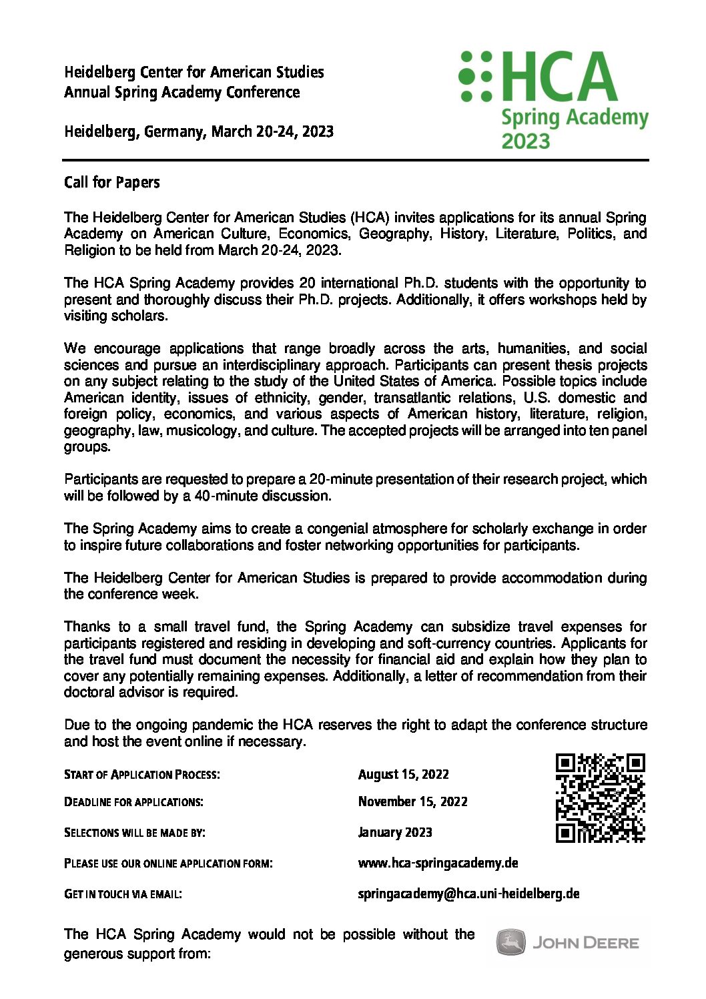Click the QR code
click(x=600, y=797)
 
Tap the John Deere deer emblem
click(x=510, y=942)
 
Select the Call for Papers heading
click(x=112, y=182)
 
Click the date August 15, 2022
click(x=403, y=774)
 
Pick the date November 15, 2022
click(x=412, y=801)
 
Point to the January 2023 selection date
click(x=395, y=832)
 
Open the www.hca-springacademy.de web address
click(x=438, y=863)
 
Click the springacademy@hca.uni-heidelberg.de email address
click(x=468, y=894)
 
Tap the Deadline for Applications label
click(x=133, y=801)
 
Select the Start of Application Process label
click(x=141, y=774)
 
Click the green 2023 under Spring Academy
click(x=526, y=141)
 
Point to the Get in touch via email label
click(x=123, y=894)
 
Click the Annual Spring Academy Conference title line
click(x=182, y=92)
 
